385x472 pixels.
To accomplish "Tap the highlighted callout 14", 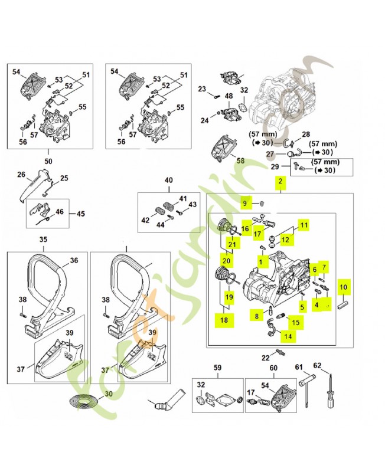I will click(x=288, y=336).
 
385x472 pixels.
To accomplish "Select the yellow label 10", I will click(x=343, y=287).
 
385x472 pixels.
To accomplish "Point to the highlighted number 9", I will click(x=245, y=204).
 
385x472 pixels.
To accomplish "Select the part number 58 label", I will click(x=239, y=160).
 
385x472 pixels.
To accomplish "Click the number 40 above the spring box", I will click(x=168, y=180).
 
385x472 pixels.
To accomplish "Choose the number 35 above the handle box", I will click(x=43, y=240).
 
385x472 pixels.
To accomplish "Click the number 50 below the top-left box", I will click(x=48, y=160).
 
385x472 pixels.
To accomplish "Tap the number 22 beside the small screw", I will click(x=266, y=358).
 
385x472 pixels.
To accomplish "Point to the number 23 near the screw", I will click(x=202, y=89).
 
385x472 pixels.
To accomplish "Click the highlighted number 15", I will click(x=295, y=322).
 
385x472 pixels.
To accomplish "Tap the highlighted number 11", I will click(x=303, y=225).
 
